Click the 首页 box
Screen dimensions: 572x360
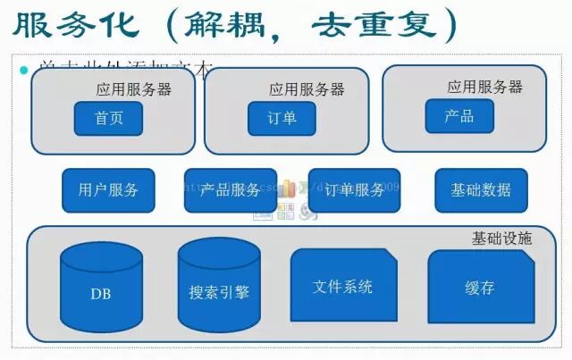pyautogui.click(x=108, y=118)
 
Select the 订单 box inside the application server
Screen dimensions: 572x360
pyautogui.click(x=282, y=118)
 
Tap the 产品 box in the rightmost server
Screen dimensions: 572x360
pyautogui.click(x=458, y=116)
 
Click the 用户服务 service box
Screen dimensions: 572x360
pyautogui.click(x=108, y=189)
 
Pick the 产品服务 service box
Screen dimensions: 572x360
pyautogui.click(x=231, y=189)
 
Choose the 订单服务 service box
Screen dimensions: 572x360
pyautogui.click(x=354, y=189)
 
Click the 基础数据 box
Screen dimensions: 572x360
pyautogui.click(x=481, y=189)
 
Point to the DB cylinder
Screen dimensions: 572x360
pyautogui.click(x=101, y=291)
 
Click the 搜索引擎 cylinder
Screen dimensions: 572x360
pyautogui.click(x=219, y=291)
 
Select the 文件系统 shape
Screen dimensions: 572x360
pyautogui.click(x=343, y=287)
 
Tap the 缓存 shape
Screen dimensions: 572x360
pyautogui.click(x=480, y=288)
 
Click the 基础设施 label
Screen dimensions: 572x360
pyautogui.click(x=501, y=239)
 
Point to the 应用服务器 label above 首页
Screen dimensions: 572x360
pyautogui.click(x=134, y=89)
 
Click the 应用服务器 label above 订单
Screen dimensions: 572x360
pyautogui.click(x=307, y=89)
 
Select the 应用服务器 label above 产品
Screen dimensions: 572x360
pyautogui.click(x=484, y=87)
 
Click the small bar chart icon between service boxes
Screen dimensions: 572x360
pyautogui.click(x=287, y=189)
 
